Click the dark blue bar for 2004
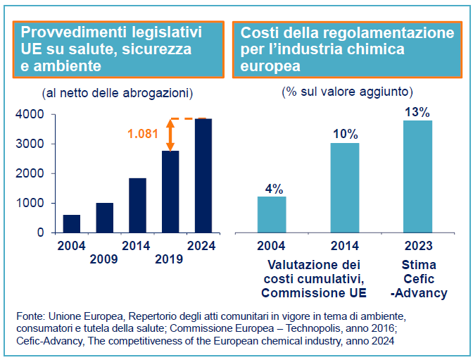71,223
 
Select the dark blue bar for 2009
104,218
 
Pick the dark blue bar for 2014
137,205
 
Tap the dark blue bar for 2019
170,192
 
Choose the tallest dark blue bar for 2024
203,175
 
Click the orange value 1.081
144,132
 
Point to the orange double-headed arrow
170,135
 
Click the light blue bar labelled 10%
345,187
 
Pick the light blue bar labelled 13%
417,176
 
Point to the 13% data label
417,112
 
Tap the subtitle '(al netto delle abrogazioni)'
117,93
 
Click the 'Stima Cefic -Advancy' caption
418,278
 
